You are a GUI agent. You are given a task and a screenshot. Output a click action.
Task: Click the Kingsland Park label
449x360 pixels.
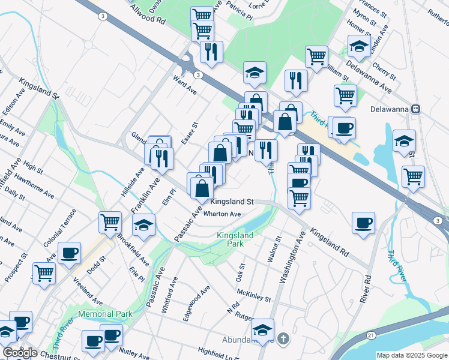(235, 240)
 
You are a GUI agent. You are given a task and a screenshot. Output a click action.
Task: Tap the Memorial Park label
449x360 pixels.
(104, 314)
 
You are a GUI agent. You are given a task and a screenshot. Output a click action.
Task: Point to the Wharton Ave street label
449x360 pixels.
(222, 214)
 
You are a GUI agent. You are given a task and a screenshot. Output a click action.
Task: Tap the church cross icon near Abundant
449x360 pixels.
(283, 339)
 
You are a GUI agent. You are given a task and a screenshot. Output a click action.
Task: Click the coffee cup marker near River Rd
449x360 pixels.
(364, 224)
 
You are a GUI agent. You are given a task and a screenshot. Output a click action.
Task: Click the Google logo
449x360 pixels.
(20, 353)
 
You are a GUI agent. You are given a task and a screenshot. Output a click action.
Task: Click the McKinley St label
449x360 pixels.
(254, 295)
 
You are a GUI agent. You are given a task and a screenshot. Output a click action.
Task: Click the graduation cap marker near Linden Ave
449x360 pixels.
(359, 46)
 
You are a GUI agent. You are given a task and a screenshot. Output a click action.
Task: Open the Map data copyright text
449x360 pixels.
(411, 355)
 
